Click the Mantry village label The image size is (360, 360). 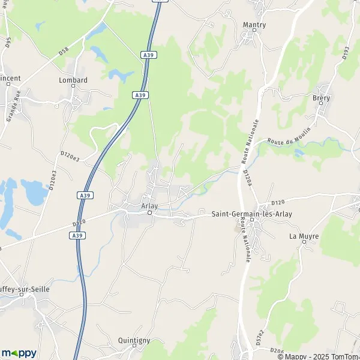tap(254, 25)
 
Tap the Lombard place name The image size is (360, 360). tap(73, 80)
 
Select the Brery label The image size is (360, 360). tap(321, 98)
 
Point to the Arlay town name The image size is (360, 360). tap(149, 206)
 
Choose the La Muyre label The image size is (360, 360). tap(304, 236)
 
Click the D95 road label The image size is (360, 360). tap(8, 43)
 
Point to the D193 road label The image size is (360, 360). tap(346, 53)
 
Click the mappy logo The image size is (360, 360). tap(18, 353)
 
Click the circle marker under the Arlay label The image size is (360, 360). tap(151, 212)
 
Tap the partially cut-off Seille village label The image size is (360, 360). tap(25, 289)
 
